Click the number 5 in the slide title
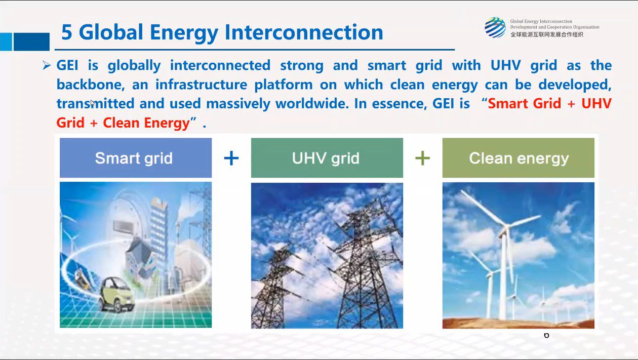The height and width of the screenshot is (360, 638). [x=67, y=32]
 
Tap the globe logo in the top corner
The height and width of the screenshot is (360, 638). [x=495, y=27]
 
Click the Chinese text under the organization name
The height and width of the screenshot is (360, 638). [x=546, y=34]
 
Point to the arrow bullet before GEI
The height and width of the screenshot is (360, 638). [x=47, y=65]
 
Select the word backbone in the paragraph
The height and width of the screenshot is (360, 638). [x=91, y=85]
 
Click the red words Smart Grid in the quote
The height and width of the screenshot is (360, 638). [x=525, y=103]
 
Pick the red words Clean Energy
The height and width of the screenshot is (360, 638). [x=146, y=123]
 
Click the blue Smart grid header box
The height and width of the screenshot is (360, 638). [x=136, y=158]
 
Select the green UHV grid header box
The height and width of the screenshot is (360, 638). [x=327, y=158]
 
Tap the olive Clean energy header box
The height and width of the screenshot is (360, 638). [x=519, y=158]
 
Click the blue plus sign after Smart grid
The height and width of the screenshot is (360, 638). [x=231, y=158]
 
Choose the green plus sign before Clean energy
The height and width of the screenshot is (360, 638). [x=423, y=158]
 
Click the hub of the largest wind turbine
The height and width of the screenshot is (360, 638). [x=505, y=227]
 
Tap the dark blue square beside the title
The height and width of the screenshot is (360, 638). [x=31, y=42]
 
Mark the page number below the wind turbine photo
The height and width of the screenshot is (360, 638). [x=546, y=335]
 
